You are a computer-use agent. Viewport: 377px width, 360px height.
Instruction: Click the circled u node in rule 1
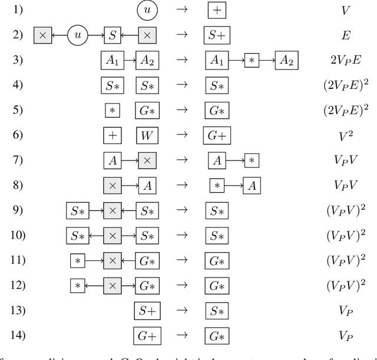click(x=147, y=10)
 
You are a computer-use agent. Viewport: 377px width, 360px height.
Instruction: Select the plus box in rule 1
click(x=217, y=10)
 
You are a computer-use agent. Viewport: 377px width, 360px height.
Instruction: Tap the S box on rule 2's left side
click(x=112, y=35)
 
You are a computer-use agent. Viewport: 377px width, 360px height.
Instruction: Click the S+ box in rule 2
click(x=217, y=35)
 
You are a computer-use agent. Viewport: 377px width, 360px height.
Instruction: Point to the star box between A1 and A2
click(x=252, y=60)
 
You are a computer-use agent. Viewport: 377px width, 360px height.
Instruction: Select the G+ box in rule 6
click(x=217, y=135)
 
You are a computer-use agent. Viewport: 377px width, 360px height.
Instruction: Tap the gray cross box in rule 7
click(x=147, y=160)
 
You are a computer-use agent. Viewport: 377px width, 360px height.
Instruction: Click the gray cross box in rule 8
click(x=112, y=185)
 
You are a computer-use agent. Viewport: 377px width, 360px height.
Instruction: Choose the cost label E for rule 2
click(x=345, y=35)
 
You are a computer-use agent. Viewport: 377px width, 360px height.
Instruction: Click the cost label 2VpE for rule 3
click(x=345, y=60)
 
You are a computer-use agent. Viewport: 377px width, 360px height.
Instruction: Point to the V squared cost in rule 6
click(x=345, y=135)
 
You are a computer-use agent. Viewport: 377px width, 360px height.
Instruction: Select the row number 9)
click(x=18, y=210)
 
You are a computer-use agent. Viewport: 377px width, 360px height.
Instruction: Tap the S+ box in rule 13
click(x=147, y=311)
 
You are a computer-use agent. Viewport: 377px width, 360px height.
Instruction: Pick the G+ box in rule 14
click(x=147, y=335)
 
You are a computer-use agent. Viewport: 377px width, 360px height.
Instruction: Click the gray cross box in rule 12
click(x=112, y=285)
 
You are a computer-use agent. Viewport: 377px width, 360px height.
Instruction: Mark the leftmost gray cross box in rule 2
click(x=42, y=35)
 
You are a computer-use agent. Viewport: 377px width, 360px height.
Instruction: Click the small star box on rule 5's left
click(x=112, y=110)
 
